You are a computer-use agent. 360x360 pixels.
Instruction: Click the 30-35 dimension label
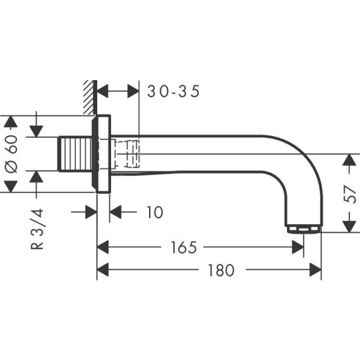173,91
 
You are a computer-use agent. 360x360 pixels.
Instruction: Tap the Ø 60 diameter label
11,154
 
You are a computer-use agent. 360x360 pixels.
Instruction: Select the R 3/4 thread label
37,229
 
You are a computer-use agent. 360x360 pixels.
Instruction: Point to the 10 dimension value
155,212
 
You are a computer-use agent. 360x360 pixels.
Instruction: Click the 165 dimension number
184,248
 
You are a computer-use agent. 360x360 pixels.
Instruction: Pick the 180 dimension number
221,270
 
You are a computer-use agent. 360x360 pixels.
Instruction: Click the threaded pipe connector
76,154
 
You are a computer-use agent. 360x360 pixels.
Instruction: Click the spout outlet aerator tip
304,229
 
